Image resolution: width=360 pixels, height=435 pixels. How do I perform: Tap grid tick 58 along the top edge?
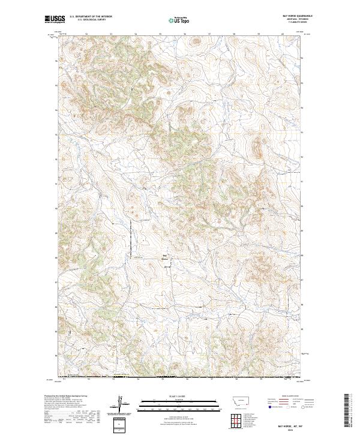(233, 34)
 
